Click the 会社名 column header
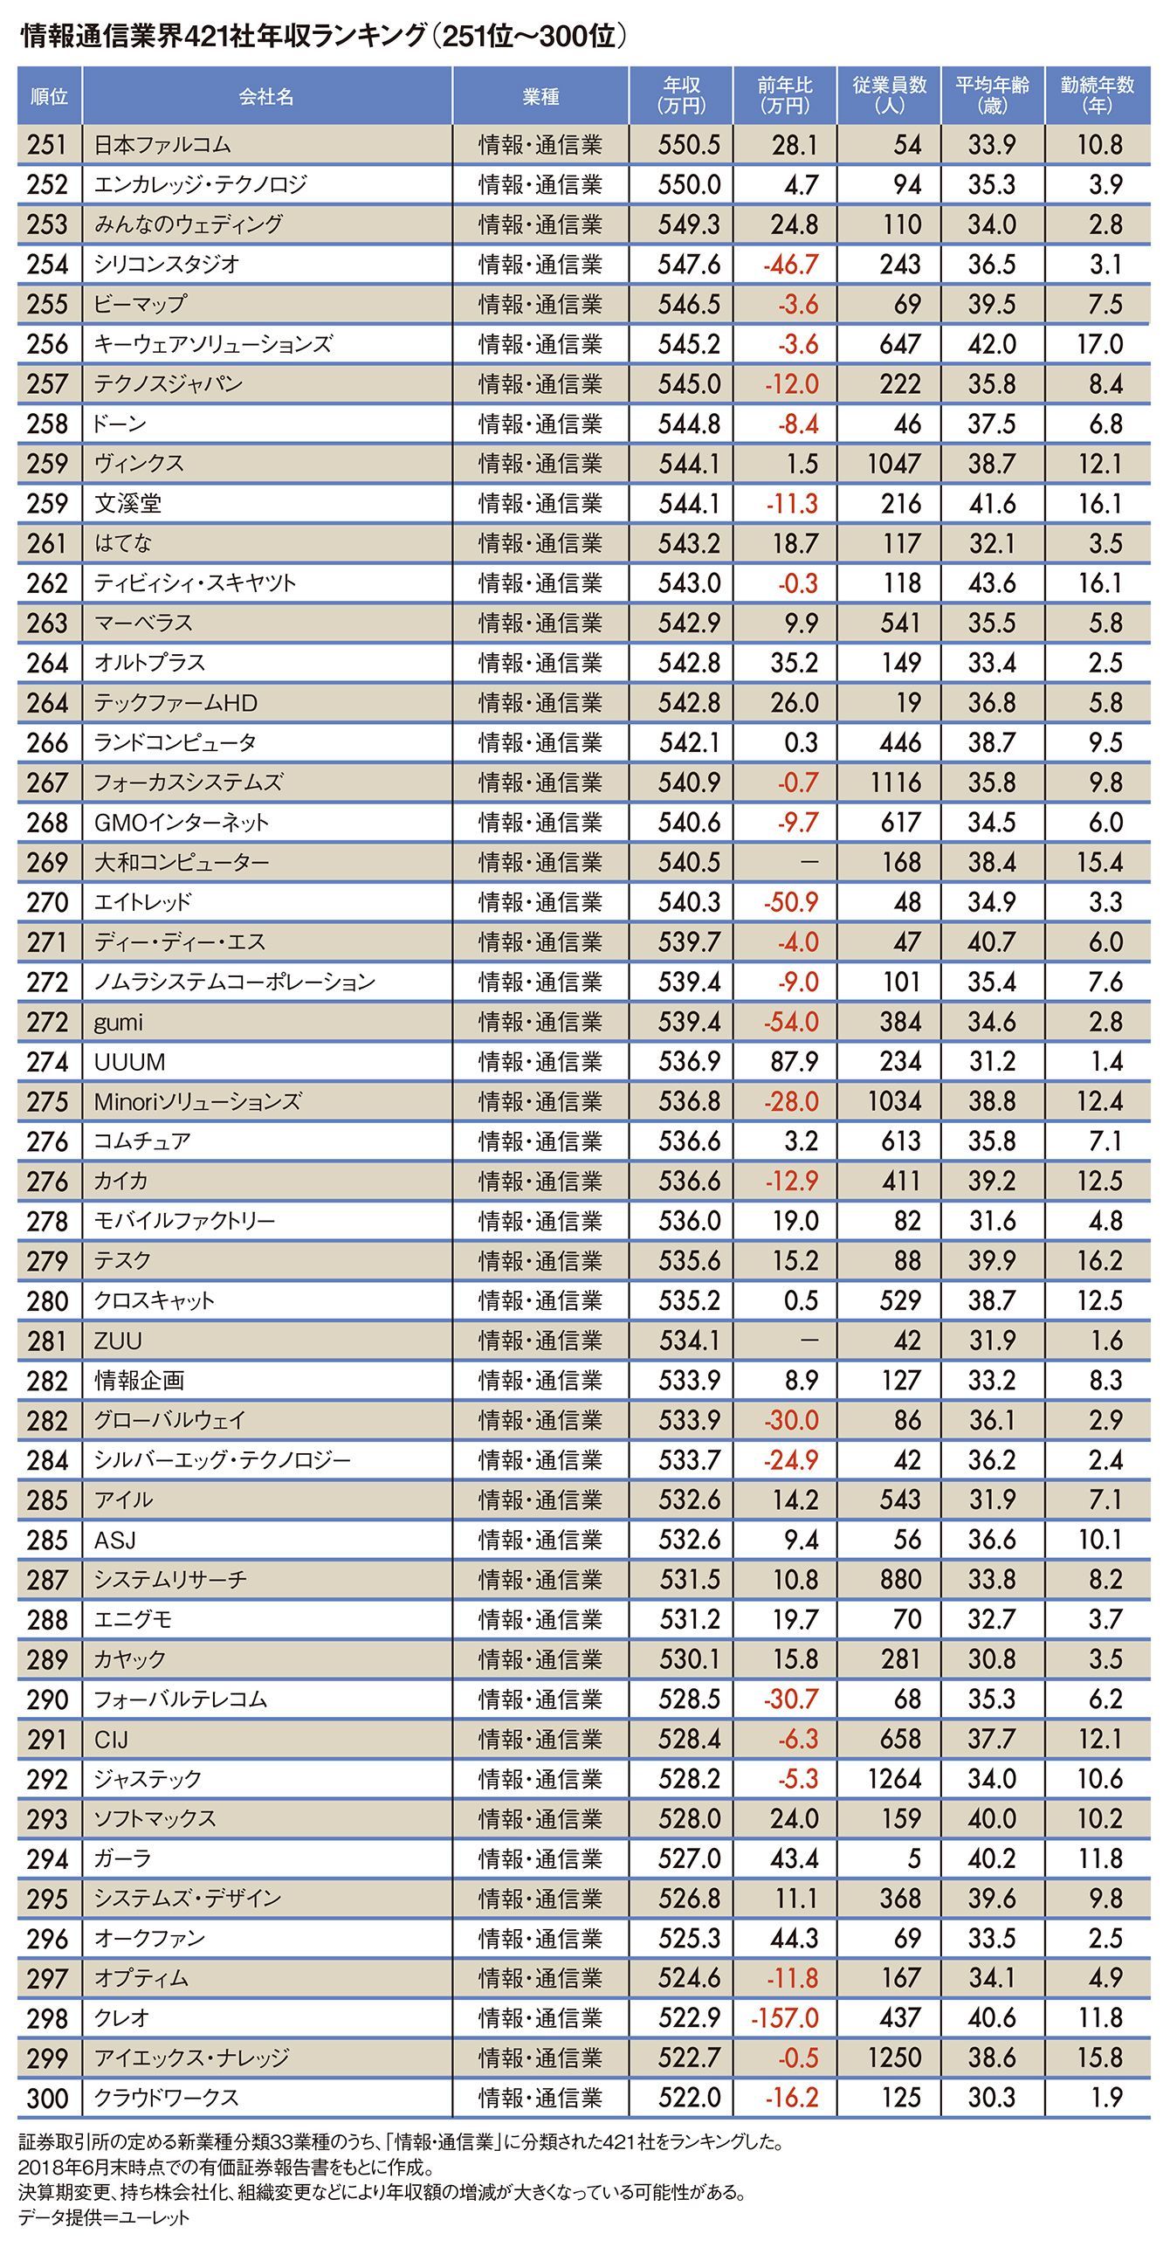[x=266, y=97]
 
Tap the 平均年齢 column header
[x=992, y=95]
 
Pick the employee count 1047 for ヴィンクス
[x=893, y=464]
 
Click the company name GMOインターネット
[x=181, y=823]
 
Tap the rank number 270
[x=47, y=902]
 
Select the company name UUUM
[x=129, y=1062]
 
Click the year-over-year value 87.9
[x=794, y=1062]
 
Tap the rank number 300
[x=47, y=2098]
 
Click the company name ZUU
[x=118, y=1341]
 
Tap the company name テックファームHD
[x=175, y=703]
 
